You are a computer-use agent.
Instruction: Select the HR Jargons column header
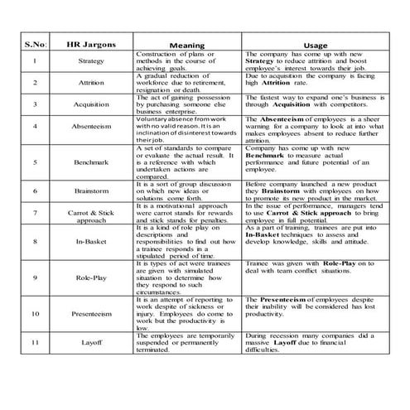(93, 43)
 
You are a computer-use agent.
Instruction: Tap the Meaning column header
(186, 44)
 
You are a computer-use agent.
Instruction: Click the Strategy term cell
(93, 61)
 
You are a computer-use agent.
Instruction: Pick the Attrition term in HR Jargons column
(93, 83)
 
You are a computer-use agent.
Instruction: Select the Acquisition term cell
(93, 104)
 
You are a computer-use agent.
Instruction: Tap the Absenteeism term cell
(93, 128)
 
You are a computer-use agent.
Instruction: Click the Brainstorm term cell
(93, 191)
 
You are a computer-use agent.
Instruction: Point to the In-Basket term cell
(93, 242)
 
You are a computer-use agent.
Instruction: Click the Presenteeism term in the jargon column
(93, 315)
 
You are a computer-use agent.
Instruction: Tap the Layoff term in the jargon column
(93, 342)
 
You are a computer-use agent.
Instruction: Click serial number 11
(35, 342)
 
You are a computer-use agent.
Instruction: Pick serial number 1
(35, 61)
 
